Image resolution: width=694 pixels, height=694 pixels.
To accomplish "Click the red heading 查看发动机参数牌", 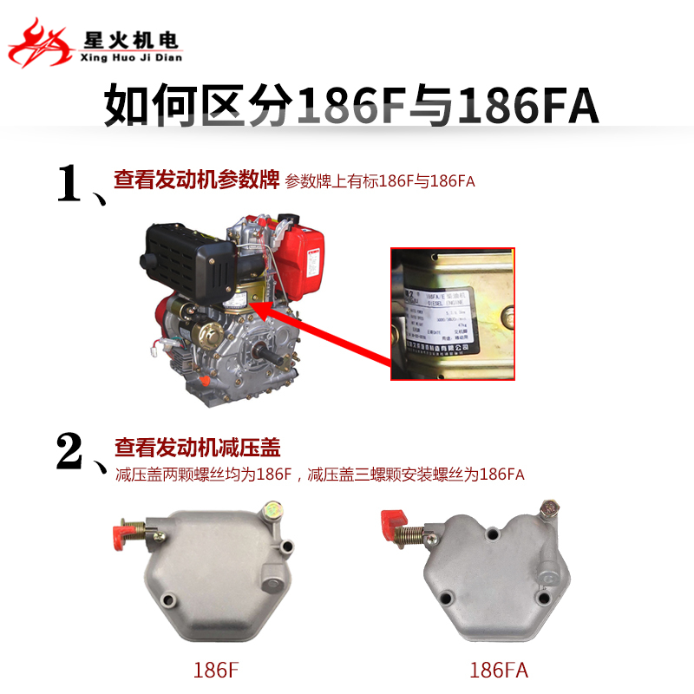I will tap(196, 180).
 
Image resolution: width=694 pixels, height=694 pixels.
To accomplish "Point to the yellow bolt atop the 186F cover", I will tap(274, 507).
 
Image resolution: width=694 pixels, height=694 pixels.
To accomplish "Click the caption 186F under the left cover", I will tap(216, 670).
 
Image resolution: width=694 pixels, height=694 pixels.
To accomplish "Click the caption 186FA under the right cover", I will tap(498, 670).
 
